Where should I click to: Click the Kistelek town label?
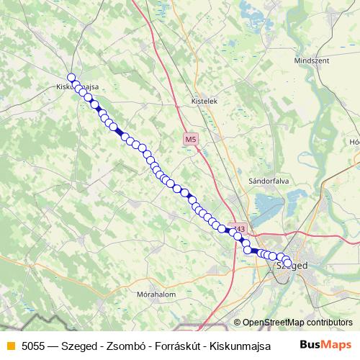[x=204, y=102]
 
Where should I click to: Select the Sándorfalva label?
[x=268, y=181]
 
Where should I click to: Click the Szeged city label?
[x=292, y=266]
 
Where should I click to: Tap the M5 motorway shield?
[x=189, y=139]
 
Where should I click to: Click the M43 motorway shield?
[x=238, y=229]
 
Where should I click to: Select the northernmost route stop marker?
[x=71, y=78]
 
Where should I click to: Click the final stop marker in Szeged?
[x=288, y=263]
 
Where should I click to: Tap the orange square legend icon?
[x=10, y=346]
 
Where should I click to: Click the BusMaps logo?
[x=327, y=344]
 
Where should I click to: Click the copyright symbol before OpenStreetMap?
[x=238, y=323]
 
